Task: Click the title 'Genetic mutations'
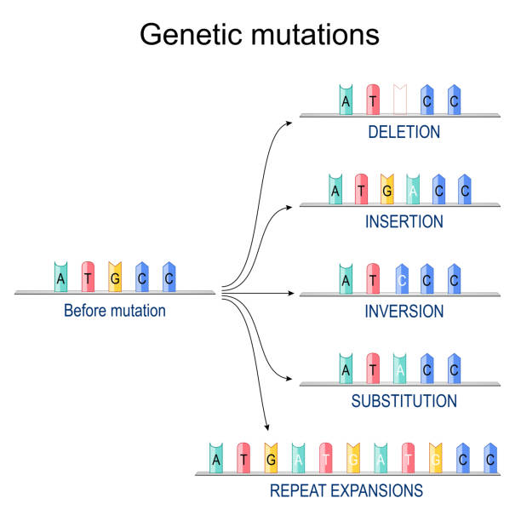click(260, 35)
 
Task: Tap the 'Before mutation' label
click(115, 311)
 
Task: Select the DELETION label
click(404, 132)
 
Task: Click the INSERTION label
click(404, 221)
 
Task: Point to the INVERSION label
click(404, 312)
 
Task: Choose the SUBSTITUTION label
click(404, 401)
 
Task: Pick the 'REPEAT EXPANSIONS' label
click(346, 491)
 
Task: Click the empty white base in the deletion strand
click(400, 100)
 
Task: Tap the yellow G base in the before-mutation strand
click(115, 278)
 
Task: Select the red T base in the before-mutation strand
click(88, 278)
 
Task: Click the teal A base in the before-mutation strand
click(60, 278)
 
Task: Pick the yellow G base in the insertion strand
click(387, 189)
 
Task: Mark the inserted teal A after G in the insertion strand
click(413, 189)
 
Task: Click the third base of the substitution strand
click(400, 369)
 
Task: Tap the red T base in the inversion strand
click(373, 278)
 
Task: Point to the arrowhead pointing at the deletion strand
click(290, 122)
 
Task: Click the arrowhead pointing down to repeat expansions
click(268, 428)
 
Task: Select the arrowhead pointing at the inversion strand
click(290, 294)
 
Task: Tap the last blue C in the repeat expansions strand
click(490, 458)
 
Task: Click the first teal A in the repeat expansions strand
click(217, 458)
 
